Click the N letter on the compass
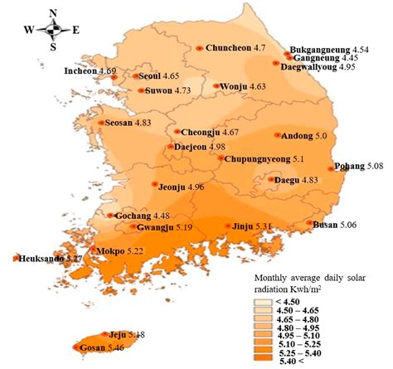[53, 12]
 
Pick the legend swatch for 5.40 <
[264, 362]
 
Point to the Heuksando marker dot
[16, 259]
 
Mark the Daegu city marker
[272, 179]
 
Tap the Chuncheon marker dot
[199, 49]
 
